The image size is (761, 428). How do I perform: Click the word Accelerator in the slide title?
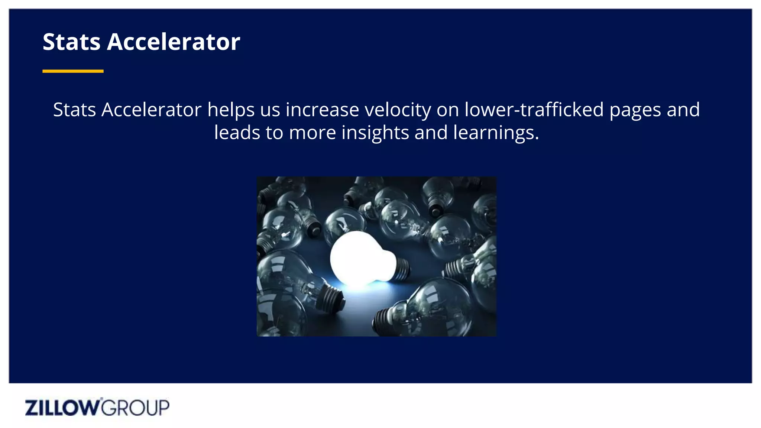tap(174, 42)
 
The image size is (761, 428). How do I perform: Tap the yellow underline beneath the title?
tap(73, 71)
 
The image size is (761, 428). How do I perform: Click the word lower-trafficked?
tap(534, 110)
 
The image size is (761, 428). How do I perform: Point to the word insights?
tap(375, 133)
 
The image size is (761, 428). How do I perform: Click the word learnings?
tap(496, 133)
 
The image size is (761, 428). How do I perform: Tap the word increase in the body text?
tap(322, 110)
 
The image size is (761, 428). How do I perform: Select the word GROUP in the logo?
tap(135, 408)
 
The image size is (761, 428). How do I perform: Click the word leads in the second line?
tap(237, 133)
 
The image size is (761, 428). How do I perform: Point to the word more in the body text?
tap(312, 133)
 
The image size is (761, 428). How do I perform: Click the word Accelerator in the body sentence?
tap(151, 110)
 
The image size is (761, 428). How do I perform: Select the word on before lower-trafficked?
tap(448, 110)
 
